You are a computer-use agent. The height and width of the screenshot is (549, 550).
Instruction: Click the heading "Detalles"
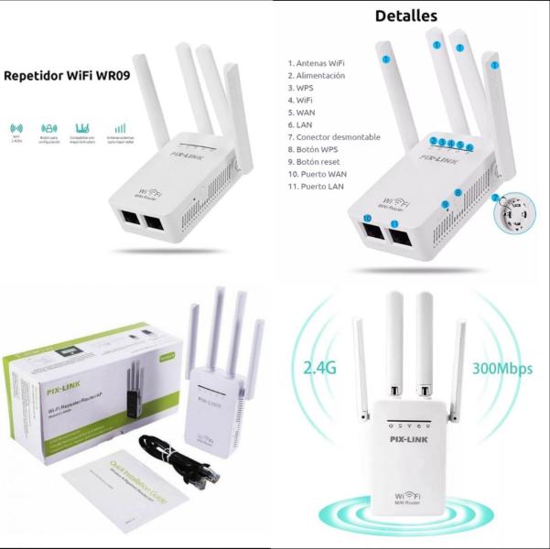coord(406,16)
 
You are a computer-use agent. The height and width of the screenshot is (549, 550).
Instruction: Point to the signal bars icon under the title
coord(120,129)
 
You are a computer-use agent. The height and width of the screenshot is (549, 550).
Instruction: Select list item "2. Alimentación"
coord(317,76)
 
